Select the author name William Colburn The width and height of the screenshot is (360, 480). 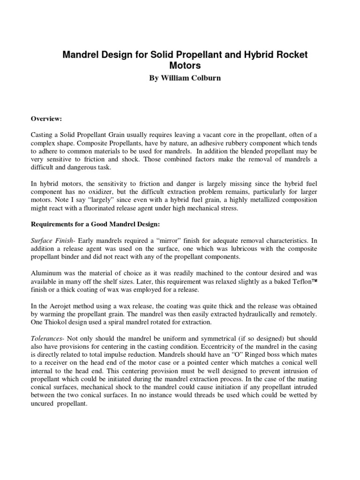[x=188, y=78]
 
